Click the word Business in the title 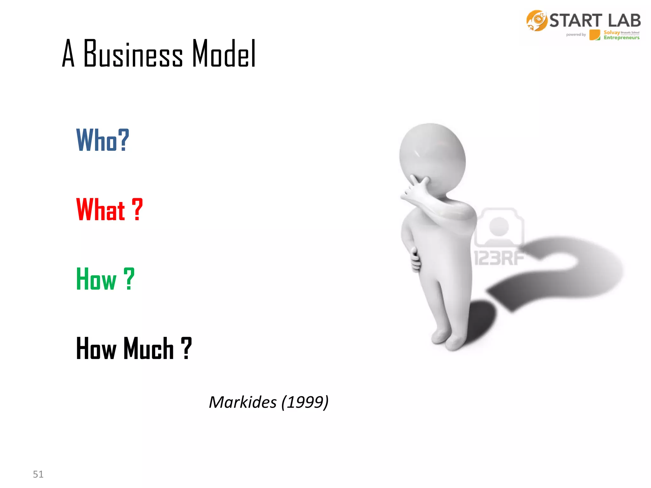tap(133, 54)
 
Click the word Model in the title tap(224, 54)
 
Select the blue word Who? tap(103, 140)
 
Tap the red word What tap(100, 209)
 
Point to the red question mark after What tap(137, 209)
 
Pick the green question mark tap(129, 279)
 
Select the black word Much tap(148, 349)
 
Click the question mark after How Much tap(186, 349)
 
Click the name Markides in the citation tap(243, 402)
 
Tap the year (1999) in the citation tap(305, 402)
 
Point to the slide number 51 tap(38, 474)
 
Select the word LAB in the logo tap(624, 21)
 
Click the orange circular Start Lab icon tap(537, 21)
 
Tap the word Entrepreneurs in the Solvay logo tap(621, 38)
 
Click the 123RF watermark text tap(499, 258)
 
